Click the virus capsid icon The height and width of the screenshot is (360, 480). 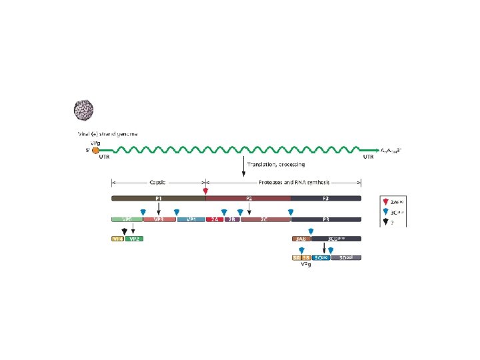point(83,109)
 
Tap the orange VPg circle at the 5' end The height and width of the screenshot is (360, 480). point(95,150)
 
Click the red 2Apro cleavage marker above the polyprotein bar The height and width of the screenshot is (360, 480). point(205,192)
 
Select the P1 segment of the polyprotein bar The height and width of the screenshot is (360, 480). point(159,198)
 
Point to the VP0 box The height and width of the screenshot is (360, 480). point(126,219)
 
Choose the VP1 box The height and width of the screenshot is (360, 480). point(191,219)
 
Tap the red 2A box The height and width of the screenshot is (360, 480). point(215,219)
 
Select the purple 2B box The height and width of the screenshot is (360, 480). point(231,219)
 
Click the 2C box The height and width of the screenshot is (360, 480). point(265,219)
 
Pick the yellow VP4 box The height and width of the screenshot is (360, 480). point(117,238)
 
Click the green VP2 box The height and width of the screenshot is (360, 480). point(134,238)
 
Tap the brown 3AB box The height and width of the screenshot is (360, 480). point(300,238)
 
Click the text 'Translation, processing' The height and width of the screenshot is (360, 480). point(275,164)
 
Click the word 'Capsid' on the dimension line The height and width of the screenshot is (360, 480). point(158,181)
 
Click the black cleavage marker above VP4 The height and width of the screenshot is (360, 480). point(123,231)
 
